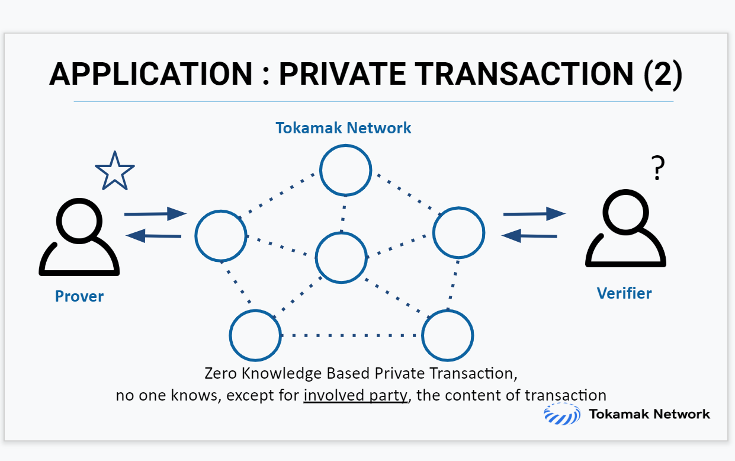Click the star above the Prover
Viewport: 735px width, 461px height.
point(115,172)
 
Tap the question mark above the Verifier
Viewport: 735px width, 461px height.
point(657,169)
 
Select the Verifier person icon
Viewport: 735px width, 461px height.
point(625,231)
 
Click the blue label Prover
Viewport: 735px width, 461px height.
point(79,296)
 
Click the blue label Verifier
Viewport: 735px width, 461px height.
point(624,293)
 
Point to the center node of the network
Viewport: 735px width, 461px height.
point(341,257)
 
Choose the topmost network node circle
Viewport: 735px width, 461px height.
point(346,170)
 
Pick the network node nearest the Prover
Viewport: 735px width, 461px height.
point(221,236)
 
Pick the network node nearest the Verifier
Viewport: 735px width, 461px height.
point(459,233)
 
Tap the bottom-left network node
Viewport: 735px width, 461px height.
point(255,335)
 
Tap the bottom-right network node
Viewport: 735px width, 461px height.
point(447,335)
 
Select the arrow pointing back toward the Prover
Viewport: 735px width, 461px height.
point(154,236)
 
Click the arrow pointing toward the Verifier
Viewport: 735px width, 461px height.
point(534,213)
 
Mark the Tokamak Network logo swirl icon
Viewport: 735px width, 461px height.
point(561,414)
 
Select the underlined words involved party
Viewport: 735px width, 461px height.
point(356,395)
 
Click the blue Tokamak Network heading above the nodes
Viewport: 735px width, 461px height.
point(344,128)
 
